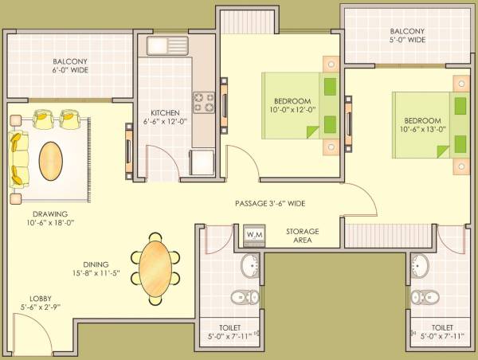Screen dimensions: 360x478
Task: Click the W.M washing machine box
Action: click(x=255, y=234)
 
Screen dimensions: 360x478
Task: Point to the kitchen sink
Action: click(x=167, y=45)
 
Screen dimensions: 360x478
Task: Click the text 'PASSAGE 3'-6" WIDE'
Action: click(x=270, y=204)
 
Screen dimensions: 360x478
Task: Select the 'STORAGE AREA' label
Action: click(x=303, y=235)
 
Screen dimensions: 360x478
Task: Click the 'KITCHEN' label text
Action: click(x=165, y=113)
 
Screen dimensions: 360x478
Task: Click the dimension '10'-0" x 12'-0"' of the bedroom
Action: click(x=292, y=110)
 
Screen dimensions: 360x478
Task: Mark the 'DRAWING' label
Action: click(x=49, y=213)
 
